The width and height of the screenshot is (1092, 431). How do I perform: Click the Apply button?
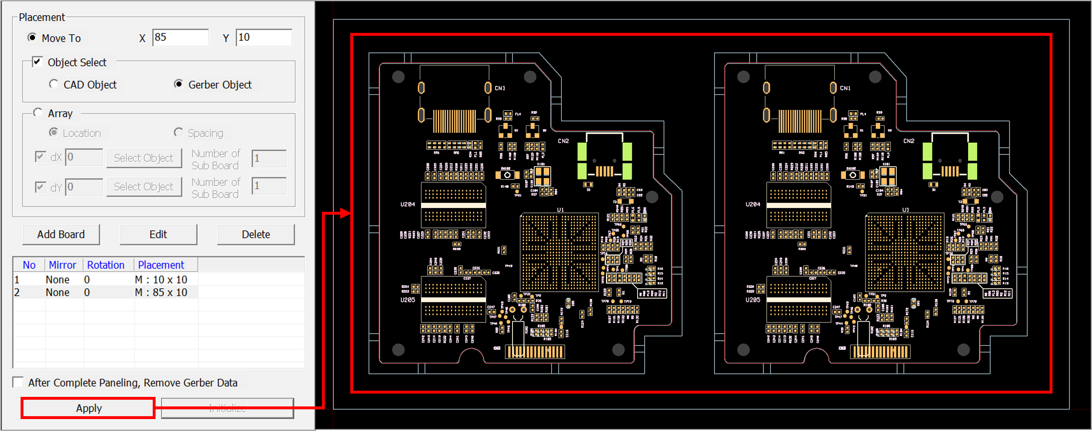click(88, 408)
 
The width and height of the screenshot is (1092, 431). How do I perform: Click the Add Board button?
click(61, 234)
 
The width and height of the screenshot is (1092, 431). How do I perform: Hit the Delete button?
click(256, 234)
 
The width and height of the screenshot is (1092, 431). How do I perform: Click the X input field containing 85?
click(180, 38)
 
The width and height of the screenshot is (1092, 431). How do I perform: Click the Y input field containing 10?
click(264, 38)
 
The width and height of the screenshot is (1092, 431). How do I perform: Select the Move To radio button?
click(32, 38)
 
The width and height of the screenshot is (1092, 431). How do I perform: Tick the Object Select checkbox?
click(38, 62)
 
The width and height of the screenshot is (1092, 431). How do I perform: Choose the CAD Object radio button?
click(54, 84)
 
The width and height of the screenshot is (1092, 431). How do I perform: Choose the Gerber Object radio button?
click(179, 84)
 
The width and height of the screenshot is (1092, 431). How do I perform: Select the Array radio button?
click(38, 113)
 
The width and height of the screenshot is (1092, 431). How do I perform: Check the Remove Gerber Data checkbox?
click(18, 382)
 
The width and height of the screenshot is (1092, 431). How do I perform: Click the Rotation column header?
click(105, 265)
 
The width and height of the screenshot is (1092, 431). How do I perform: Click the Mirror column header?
click(62, 265)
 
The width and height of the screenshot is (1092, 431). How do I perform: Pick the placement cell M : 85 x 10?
click(161, 292)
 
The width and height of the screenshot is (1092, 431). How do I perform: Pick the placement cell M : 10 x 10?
click(161, 280)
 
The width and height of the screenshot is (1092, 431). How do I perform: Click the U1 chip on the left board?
click(559, 253)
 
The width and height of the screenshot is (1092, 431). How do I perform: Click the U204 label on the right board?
click(753, 204)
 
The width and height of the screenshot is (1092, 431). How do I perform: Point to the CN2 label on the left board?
click(563, 141)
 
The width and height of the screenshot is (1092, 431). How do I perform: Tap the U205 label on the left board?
click(408, 300)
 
